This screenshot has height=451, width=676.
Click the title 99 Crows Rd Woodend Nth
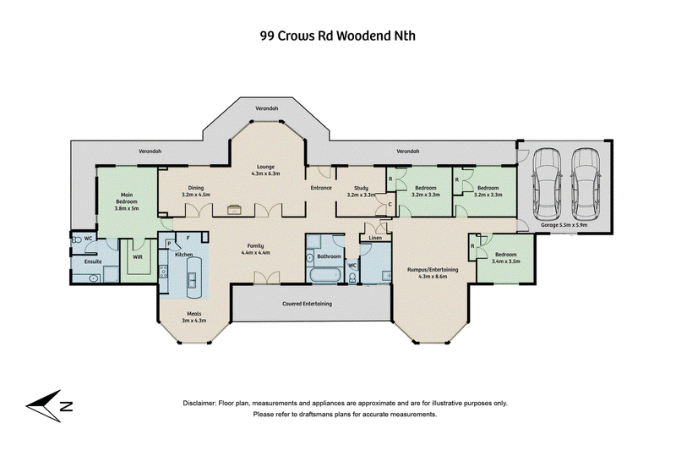click(x=337, y=36)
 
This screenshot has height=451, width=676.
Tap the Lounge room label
click(x=265, y=170)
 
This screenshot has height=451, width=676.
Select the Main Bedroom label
click(x=126, y=201)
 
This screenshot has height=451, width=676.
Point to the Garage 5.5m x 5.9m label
click(x=564, y=225)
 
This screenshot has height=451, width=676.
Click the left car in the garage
click(x=547, y=184)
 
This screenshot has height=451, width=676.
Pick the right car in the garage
click(x=586, y=184)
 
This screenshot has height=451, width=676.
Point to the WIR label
click(x=138, y=256)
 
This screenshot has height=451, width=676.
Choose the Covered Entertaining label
click(x=307, y=304)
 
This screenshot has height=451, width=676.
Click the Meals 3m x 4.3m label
click(x=194, y=317)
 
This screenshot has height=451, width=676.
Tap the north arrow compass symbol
click(x=48, y=405)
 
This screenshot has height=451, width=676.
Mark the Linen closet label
click(x=375, y=238)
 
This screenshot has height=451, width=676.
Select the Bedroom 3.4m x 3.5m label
click(x=505, y=257)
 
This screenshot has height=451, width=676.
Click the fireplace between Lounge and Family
click(x=234, y=209)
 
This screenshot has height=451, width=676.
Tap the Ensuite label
click(x=93, y=261)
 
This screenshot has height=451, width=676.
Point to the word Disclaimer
click(x=199, y=403)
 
